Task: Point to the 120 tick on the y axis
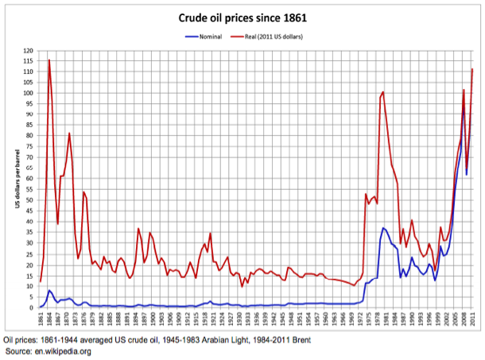(x=29, y=50)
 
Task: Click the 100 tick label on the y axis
(x=29, y=93)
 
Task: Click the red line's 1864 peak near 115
(x=49, y=60)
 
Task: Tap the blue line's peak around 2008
(x=464, y=106)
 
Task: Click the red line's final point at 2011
(x=472, y=69)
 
